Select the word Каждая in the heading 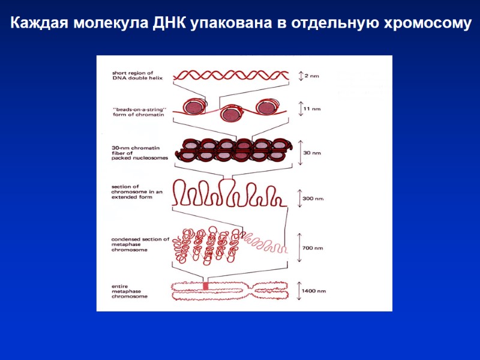point(36,24)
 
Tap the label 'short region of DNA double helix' point(133,75)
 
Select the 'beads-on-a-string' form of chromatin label point(139,111)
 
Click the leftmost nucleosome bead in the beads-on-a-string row point(194,106)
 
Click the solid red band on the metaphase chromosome point(205,287)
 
